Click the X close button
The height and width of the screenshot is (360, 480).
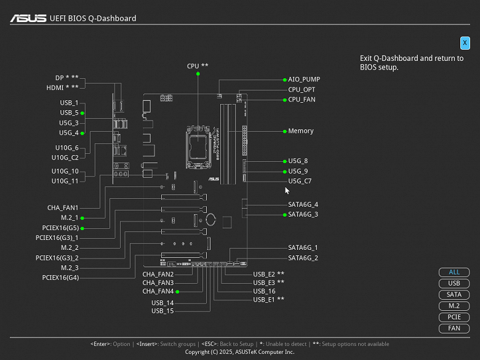click(x=465, y=42)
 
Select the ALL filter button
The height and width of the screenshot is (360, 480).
click(x=454, y=272)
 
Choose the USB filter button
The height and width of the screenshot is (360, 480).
click(x=454, y=283)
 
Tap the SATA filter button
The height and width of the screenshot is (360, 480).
click(x=454, y=295)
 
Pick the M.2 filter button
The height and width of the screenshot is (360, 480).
click(x=454, y=306)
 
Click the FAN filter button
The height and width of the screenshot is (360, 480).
click(x=454, y=328)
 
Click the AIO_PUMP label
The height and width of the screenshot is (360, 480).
click(x=304, y=79)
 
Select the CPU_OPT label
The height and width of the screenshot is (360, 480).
click(x=302, y=89)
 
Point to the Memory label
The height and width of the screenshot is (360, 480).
click(x=301, y=130)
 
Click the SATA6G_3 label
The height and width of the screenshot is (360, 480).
click(x=303, y=214)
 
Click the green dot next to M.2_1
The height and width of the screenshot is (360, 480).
click(x=82, y=218)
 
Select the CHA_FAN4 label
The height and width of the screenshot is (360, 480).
click(x=158, y=291)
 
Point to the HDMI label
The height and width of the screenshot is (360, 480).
click(x=59, y=87)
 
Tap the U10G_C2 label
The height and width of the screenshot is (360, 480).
click(x=65, y=157)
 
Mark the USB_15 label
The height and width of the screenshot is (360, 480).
click(x=162, y=311)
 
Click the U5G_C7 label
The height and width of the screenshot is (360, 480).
click(x=300, y=181)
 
